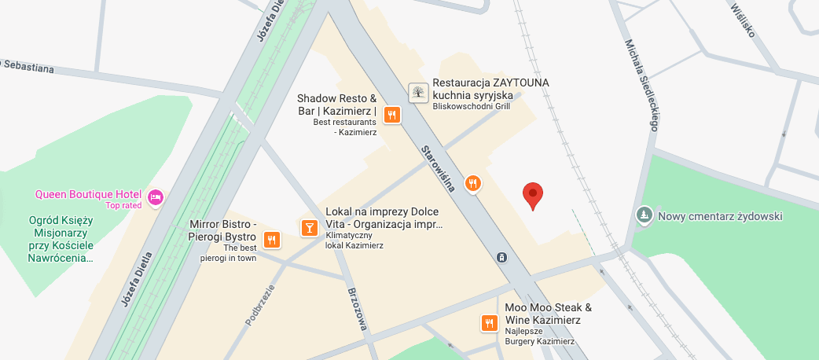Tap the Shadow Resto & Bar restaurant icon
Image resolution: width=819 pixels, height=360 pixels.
click(x=392, y=116)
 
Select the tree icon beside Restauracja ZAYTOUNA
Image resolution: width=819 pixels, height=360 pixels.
click(x=418, y=93)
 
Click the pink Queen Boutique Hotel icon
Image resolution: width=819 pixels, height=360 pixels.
click(x=156, y=196)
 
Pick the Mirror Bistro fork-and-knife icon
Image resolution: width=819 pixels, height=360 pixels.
click(x=272, y=239)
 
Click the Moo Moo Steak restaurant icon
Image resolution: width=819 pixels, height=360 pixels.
click(x=489, y=322)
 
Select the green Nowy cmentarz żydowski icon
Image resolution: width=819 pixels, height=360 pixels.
click(x=644, y=215)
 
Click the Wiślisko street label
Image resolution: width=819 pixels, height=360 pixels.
click(x=742, y=19)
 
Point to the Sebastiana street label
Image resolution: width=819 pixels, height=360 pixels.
click(x=28, y=66)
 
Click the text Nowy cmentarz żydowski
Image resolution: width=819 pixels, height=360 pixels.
click(x=720, y=216)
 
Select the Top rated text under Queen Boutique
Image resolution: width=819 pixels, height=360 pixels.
click(x=123, y=206)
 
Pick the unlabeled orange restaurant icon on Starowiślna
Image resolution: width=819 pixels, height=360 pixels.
click(x=472, y=184)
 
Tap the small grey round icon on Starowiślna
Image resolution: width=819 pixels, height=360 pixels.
click(x=501, y=257)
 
